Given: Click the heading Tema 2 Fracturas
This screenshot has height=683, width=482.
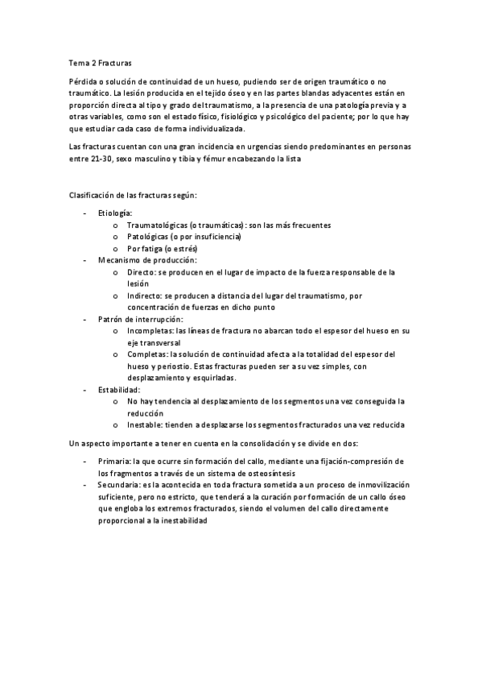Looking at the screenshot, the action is pos(101,61).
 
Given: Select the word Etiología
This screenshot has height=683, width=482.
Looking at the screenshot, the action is pos(115,213).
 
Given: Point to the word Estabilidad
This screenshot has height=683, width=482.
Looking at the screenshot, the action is pos(118,389).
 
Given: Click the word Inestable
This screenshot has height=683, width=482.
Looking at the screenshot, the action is pos(145,424).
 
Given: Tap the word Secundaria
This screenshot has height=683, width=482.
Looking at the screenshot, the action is pos(118,485).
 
